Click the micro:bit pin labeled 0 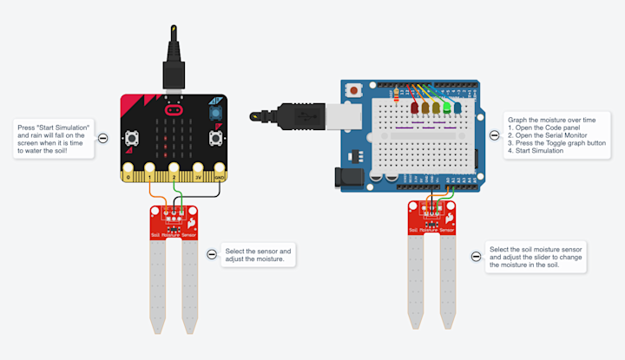click(x=128, y=177)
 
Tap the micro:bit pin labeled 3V click(x=198, y=177)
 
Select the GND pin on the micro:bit click(x=220, y=177)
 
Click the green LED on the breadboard click(x=447, y=108)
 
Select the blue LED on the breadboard click(x=457, y=108)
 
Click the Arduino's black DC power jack click(x=349, y=174)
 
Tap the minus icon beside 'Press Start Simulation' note click(x=102, y=138)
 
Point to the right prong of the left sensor click(x=187, y=286)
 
